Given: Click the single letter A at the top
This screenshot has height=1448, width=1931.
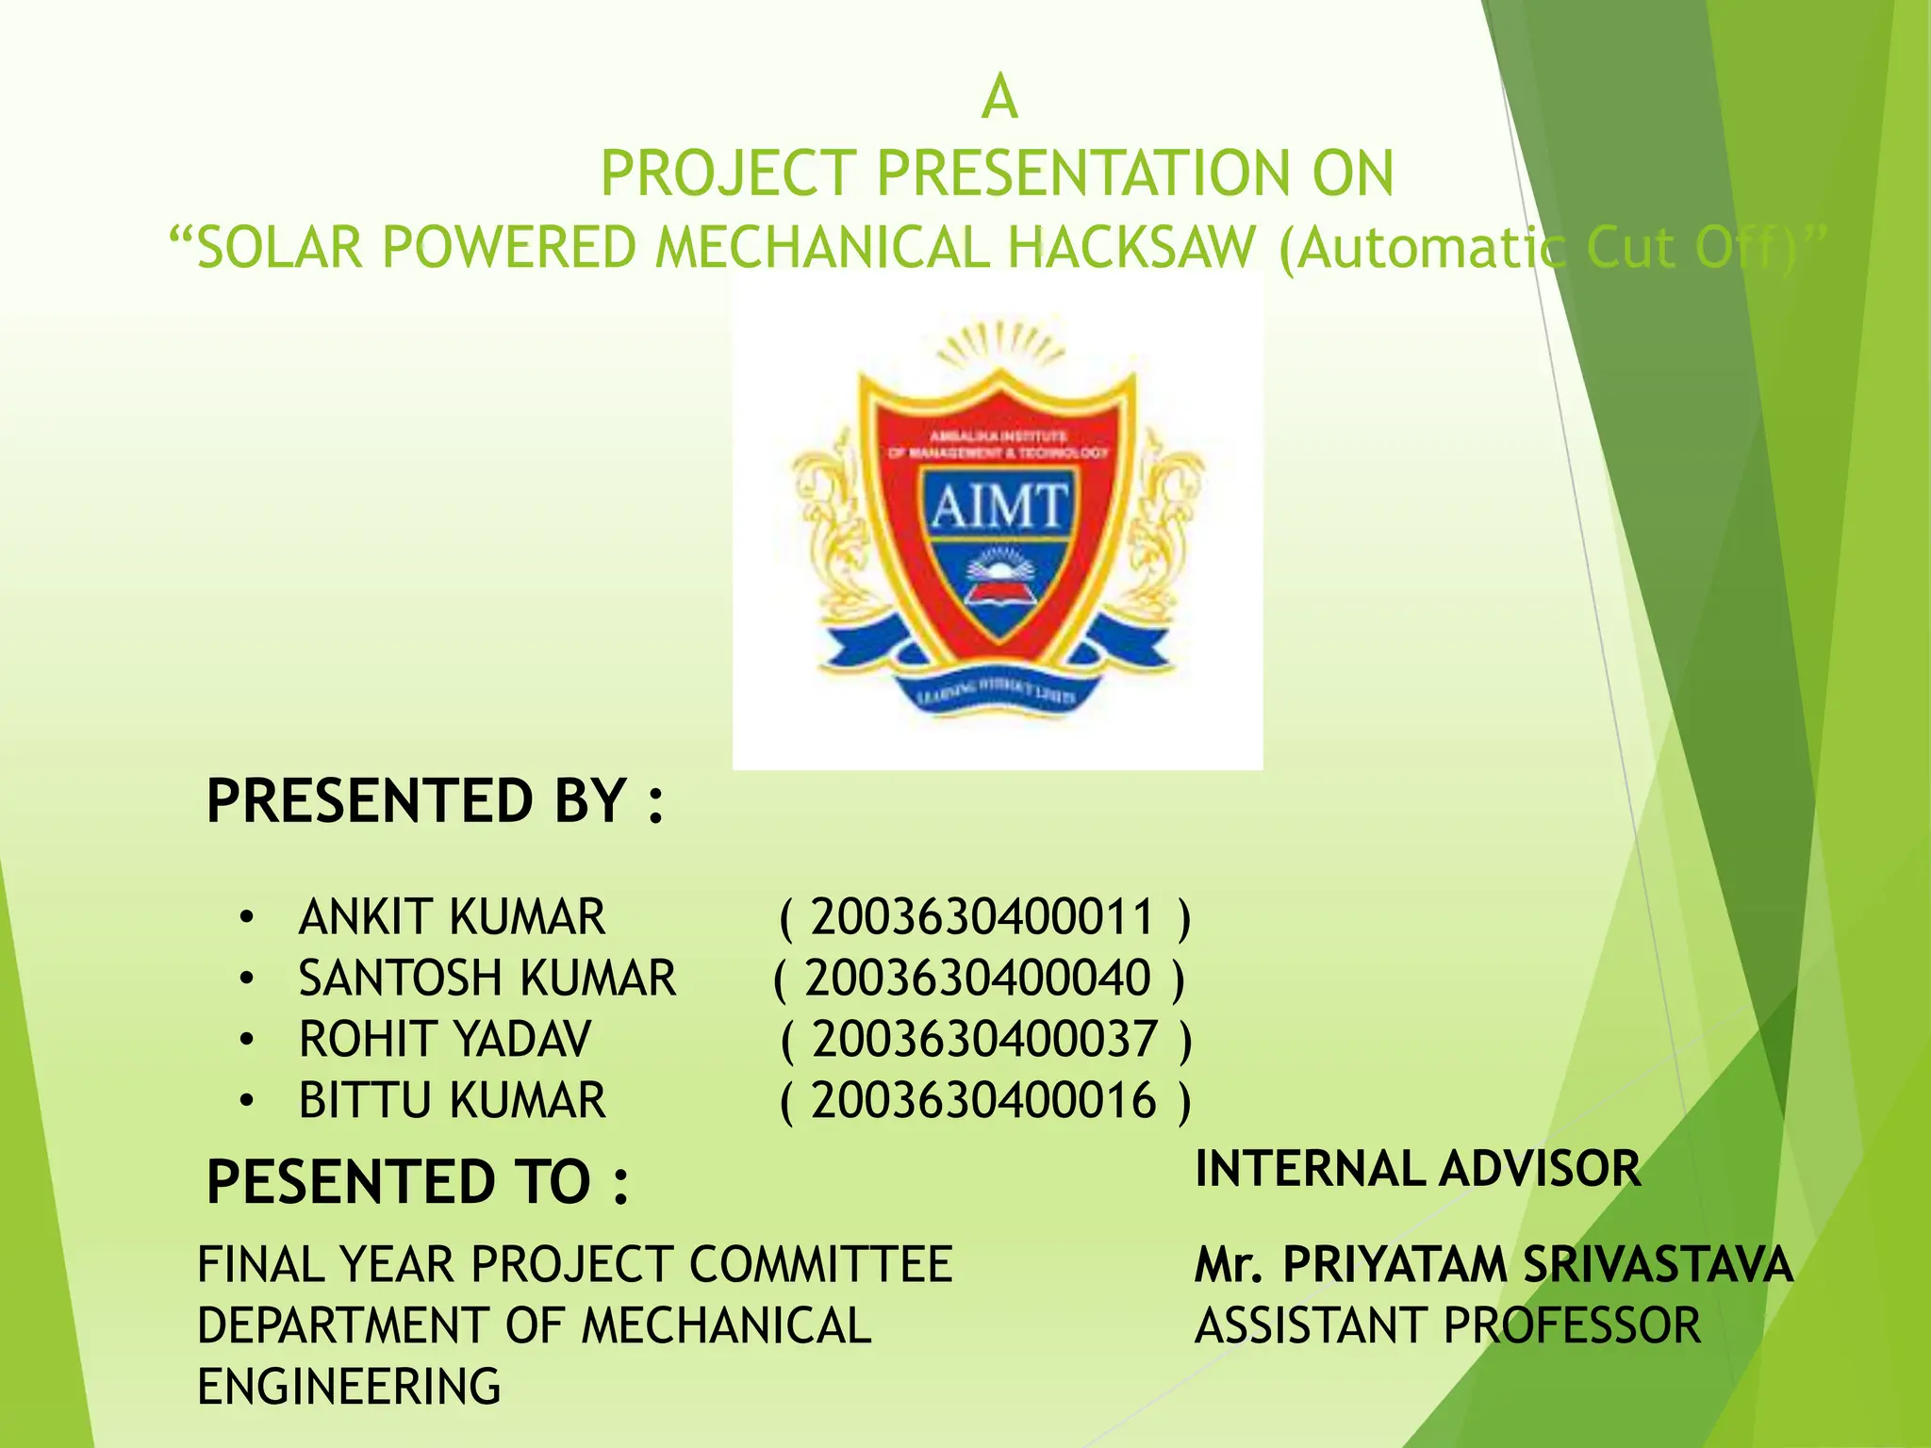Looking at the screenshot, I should (x=999, y=98).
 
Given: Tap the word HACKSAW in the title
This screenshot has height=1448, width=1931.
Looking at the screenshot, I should (x=1131, y=249).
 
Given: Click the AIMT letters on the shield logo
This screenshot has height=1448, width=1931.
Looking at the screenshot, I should (x=999, y=506).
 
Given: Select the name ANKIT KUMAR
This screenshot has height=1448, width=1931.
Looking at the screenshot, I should (x=452, y=917).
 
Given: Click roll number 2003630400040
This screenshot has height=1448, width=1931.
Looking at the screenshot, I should (x=978, y=978).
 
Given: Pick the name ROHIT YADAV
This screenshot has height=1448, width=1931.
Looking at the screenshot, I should (x=445, y=1039).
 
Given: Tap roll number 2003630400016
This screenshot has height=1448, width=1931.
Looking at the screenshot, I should (x=983, y=1100).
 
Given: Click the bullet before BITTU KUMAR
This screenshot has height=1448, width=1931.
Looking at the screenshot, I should (x=247, y=1100).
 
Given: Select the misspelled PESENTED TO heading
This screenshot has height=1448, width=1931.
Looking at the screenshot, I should (x=418, y=1182).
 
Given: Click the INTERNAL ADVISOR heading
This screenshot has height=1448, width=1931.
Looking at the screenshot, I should (x=1418, y=1169).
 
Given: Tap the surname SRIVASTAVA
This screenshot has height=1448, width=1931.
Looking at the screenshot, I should (x=1658, y=1264).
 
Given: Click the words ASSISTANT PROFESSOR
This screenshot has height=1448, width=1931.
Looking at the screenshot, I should (x=1447, y=1325).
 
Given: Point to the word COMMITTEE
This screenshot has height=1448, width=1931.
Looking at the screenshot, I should (x=821, y=1264).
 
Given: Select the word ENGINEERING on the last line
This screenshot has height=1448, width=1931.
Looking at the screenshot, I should (x=349, y=1387).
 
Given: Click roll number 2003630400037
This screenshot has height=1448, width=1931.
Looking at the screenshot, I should (x=984, y=1039).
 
